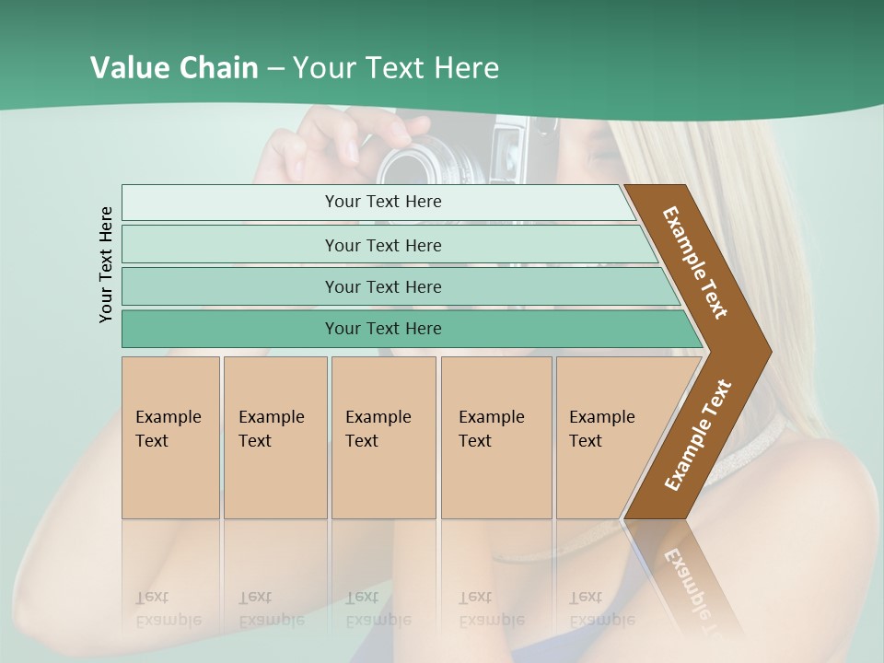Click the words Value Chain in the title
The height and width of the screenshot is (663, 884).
click(174, 68)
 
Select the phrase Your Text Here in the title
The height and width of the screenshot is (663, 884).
click(396, 68)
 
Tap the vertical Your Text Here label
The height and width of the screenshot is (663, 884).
click(106, 264)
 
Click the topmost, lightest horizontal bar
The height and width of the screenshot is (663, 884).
click(382, 202)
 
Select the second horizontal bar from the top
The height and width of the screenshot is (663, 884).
click(382, 245)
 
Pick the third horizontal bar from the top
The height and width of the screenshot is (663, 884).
click(382, 286)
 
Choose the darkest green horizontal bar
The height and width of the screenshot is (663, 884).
click(382, 329)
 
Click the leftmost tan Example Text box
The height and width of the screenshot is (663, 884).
click(170, 436)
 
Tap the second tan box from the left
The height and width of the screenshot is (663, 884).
click(274, 436)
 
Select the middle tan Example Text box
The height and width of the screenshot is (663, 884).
click(383, 436)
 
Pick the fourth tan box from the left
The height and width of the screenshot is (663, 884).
click(495, 436)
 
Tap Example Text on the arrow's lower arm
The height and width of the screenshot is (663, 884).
click(698, 436)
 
